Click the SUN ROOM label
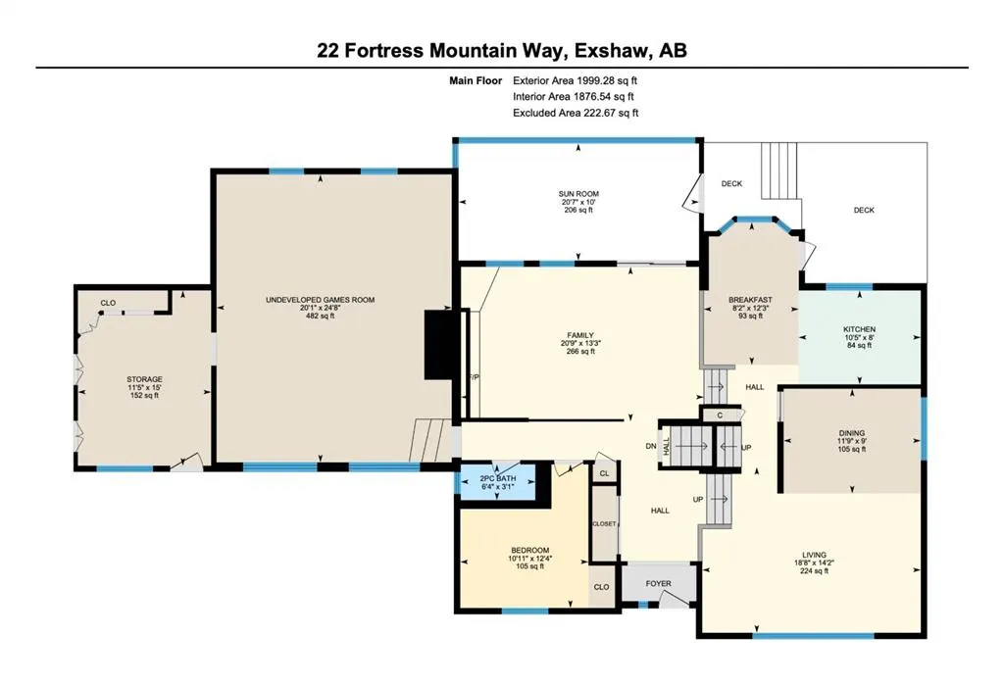pyautogui.click(x=578, y=194)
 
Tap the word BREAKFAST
pyautogui.click(x=750, y=300)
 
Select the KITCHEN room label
pyautogui.click(x=859, y=329)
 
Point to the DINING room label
pyautogui.click(x=852, y=433)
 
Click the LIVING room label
pyautogui.click(x=814, y=555)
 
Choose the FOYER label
pyautogui.click(x=658, y=584)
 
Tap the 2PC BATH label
pyautogui.click(x=497, y=478)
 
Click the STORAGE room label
pyautogui.click(x=144, y=379)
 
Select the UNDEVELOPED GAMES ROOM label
pyautogui.click(x=320, y=300)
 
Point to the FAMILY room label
pyautogui.click(x=580, y=335)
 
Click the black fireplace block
pyautogui.click(x=438, y=345)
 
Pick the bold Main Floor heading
pyautogui.click(x=476, y=80)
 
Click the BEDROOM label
pyautogui.click(x=529, y=551)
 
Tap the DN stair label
pyautogui.click(x=651, y=446)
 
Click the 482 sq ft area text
pyautogui.click(x=320, y=316)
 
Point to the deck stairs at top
pyautogui.click(x=779, y=171)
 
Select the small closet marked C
pyautogui.click(x=720, y=416)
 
